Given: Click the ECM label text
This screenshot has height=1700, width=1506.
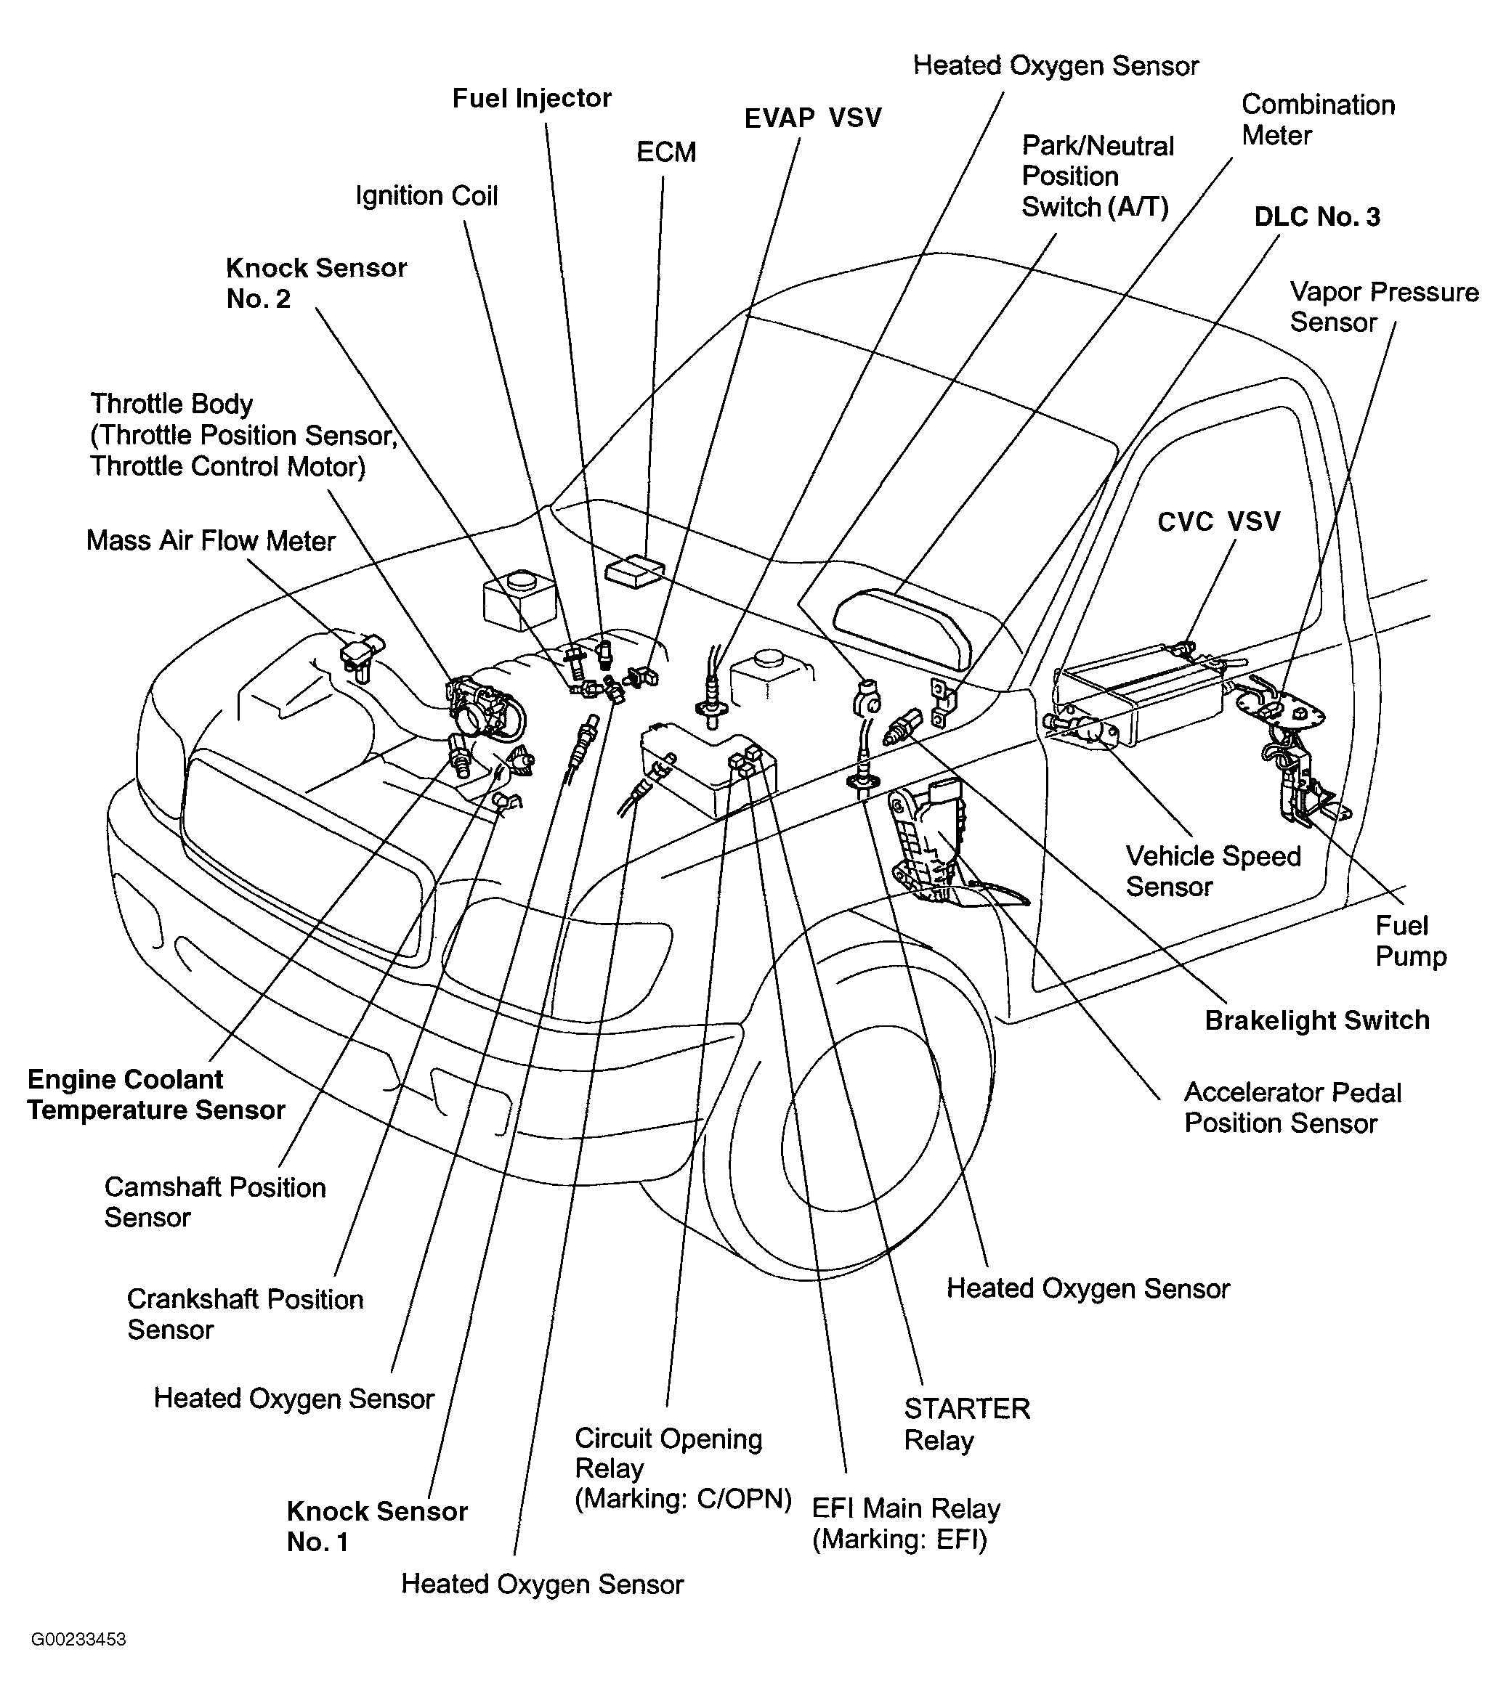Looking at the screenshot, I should [x=665, y=152].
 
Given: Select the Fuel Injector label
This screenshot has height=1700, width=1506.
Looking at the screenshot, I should [x=532, y=98].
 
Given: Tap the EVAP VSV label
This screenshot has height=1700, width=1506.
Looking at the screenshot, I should [x=812, y=118].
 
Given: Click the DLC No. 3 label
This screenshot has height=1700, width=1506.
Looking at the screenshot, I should [x=1316, y=217].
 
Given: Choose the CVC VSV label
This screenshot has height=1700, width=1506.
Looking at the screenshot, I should [x=1218, y=521].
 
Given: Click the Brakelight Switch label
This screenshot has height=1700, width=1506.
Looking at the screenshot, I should [x=1316, y=1020].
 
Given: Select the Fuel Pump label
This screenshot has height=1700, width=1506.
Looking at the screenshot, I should [x=1410, y=940].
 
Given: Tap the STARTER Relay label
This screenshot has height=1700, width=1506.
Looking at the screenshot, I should [x=967, y=1424].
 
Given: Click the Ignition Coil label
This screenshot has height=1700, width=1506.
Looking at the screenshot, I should [x=426, y=196].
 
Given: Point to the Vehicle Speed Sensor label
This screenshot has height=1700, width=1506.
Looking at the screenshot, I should [x=1213, y=871].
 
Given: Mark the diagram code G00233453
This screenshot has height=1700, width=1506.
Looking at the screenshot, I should [x=78, y=1639].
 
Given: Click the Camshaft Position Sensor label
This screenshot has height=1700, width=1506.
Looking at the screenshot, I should [x=214, y=1202].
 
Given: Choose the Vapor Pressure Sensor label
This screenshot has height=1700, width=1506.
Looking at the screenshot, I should [x=1384, y=307].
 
